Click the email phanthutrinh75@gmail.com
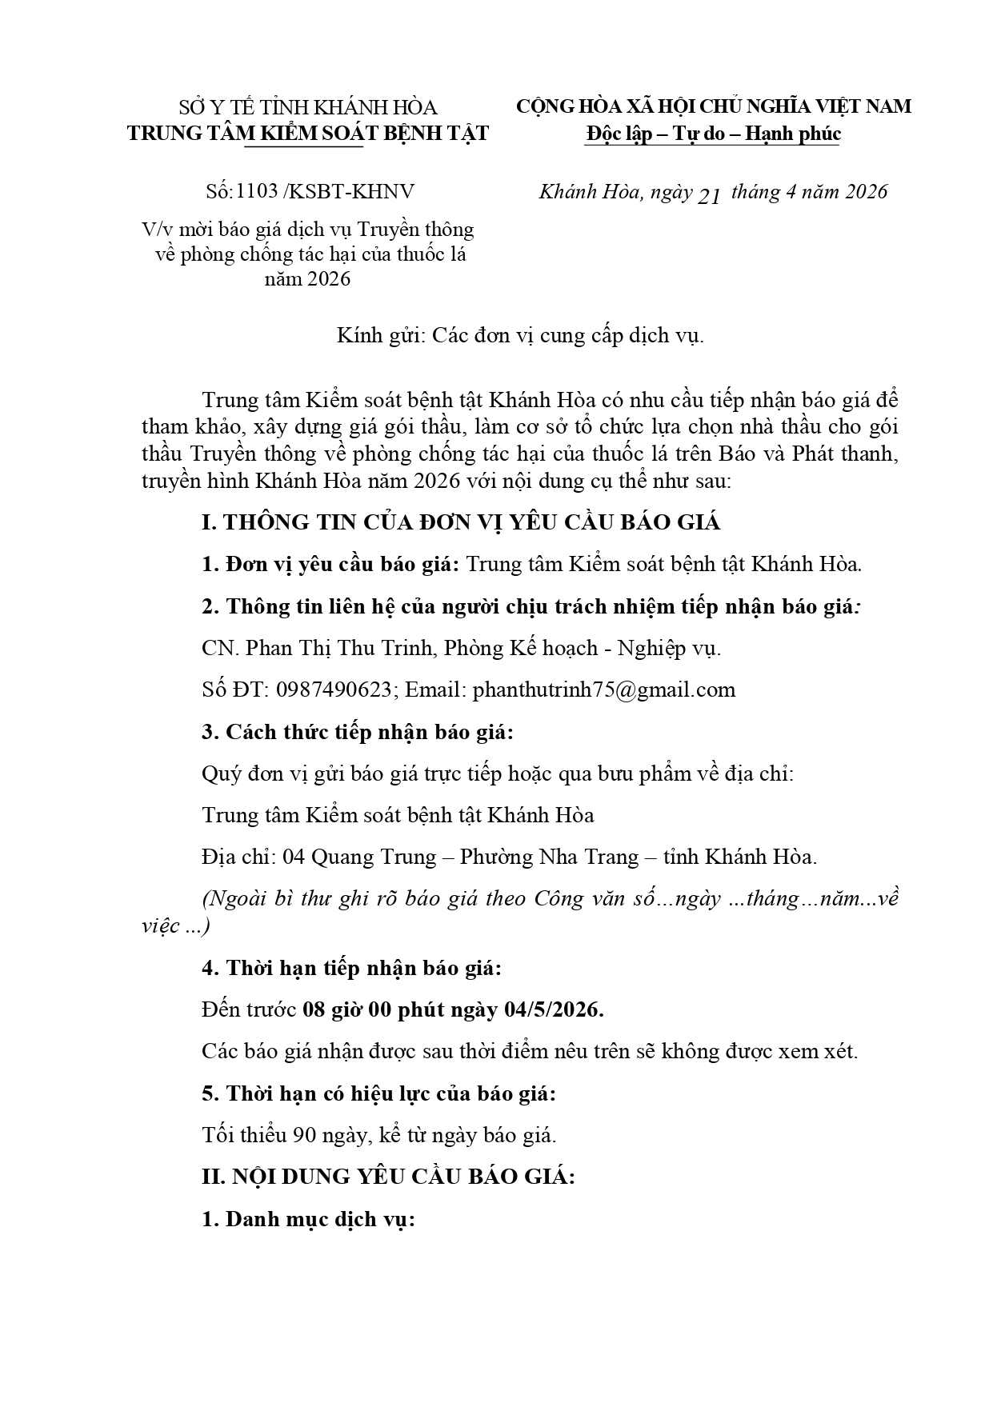coord(603,690)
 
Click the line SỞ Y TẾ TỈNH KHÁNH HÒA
coord(308,107)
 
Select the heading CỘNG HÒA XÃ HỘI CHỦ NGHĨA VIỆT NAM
coord(713,106)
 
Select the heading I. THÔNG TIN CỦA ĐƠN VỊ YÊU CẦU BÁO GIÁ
coord(461,522)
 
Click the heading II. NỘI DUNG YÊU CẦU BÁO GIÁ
coord(388,1177)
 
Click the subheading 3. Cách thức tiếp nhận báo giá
coord(358,732)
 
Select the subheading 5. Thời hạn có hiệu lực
coord(379,1093)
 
